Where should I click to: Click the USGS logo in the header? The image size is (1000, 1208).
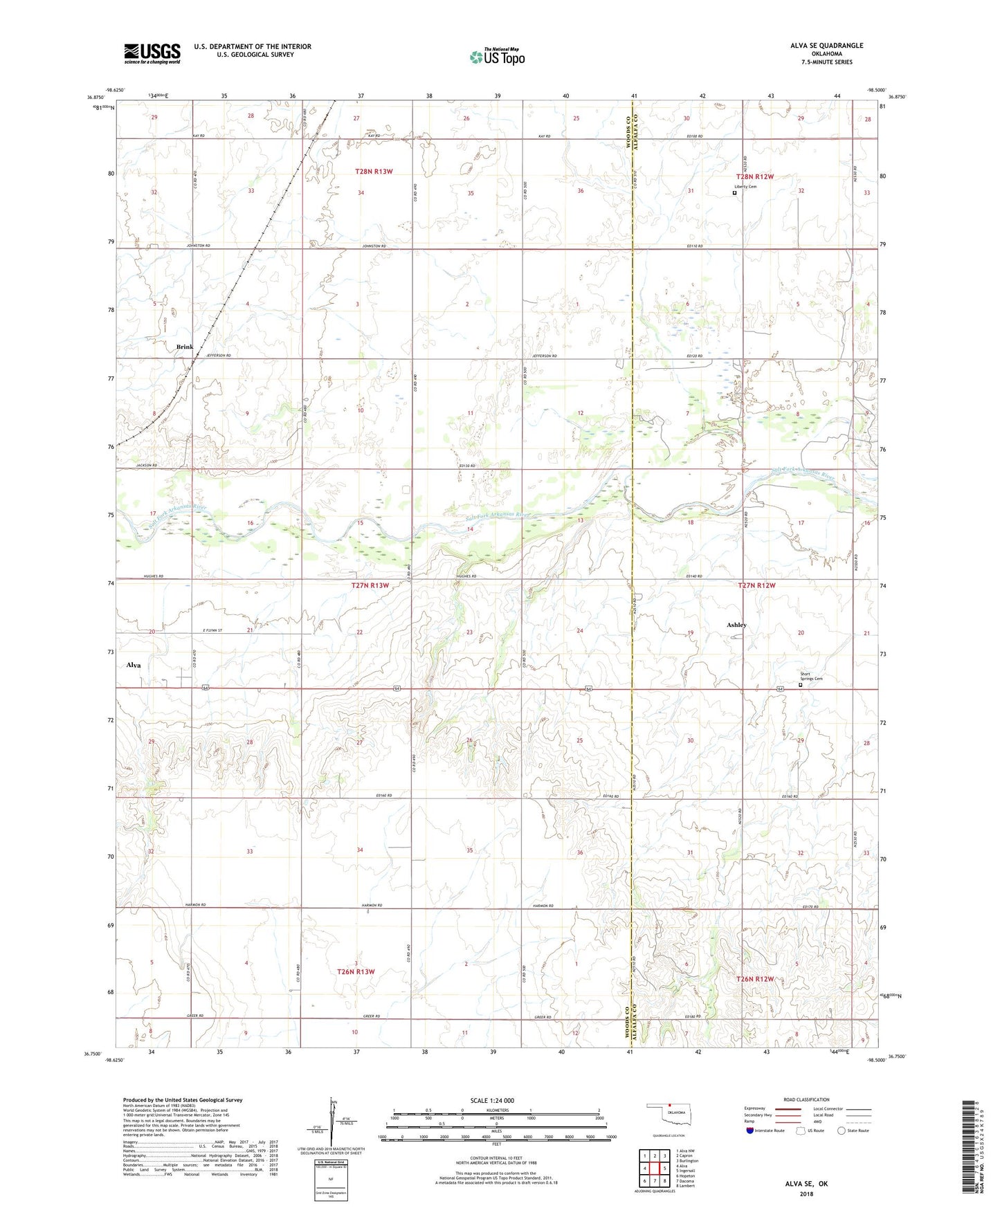(x=152, y=53)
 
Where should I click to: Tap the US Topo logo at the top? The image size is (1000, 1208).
(x=497, y=57)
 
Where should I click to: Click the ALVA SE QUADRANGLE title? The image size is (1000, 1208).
(x=826, y=46)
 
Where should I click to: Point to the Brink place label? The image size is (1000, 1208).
(x=185, y=347)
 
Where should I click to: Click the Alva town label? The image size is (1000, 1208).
(x=134, y=665)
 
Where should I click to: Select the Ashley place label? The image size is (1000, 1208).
(x=736, y=625)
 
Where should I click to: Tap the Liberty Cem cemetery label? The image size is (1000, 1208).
(x=745, y=187)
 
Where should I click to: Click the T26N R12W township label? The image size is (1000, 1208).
(x=755, y=979)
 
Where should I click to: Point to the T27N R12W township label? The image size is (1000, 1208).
(x=757, y=585)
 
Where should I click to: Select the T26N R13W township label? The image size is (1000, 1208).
(x=356, y=971)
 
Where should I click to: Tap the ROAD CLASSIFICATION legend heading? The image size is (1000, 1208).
(x=806, y=1099)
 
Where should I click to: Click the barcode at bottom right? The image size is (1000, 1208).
(x=969, y=1148)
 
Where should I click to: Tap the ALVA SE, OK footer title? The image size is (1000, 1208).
(x=806, y=1184)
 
